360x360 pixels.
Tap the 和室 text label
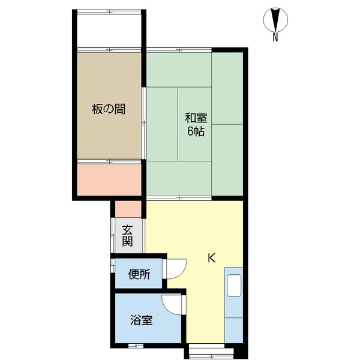196,118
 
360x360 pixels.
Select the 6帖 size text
196,131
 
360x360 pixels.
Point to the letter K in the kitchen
211,259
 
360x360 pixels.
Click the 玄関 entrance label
127,236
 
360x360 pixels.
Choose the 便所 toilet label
139,276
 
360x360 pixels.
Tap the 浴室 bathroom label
142,320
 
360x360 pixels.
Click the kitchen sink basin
233,286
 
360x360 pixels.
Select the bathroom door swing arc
173,306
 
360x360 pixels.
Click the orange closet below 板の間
109,179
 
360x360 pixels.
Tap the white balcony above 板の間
109,30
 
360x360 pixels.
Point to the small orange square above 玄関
129,208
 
